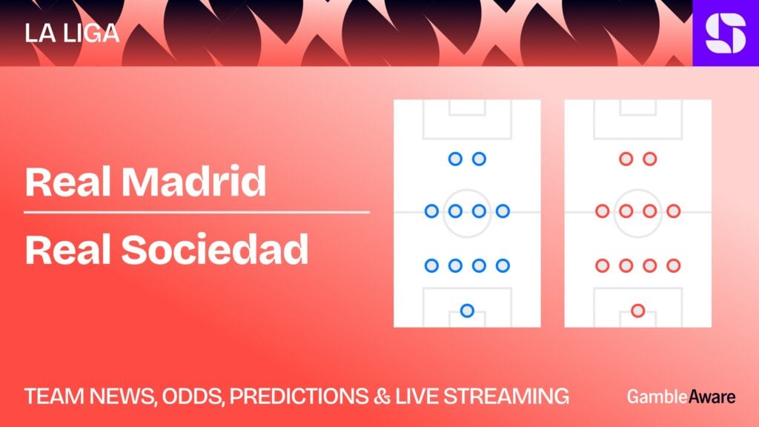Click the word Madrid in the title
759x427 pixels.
[x=193, y=182]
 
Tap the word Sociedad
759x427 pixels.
[x=214, y=249]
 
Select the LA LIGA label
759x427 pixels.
[x=72, y=33]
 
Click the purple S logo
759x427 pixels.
[x=726, y=33]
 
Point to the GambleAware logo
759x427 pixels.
[x=681, y=397]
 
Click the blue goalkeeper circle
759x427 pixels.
[x=467, y=311]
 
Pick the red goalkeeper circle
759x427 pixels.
[x=638, y=311]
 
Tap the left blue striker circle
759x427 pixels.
[x=455, y=159]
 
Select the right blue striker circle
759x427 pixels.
[x=479, y=159]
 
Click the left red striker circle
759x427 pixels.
[x=626, y=159]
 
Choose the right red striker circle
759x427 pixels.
[x=649, y=159]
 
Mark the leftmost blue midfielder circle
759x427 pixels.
[x=431, y=211]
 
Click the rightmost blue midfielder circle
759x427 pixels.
[x=503, y=211]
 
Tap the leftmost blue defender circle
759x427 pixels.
[x=431, y=265]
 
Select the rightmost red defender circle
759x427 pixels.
[x=673, y=265]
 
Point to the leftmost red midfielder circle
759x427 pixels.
[x=602, y=211]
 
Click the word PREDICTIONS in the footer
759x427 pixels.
[x=299, y=397]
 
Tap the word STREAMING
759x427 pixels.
[x=506, y=397]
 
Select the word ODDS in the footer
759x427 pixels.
[x=193, y=397]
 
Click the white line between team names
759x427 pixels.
[x=196, y=212]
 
